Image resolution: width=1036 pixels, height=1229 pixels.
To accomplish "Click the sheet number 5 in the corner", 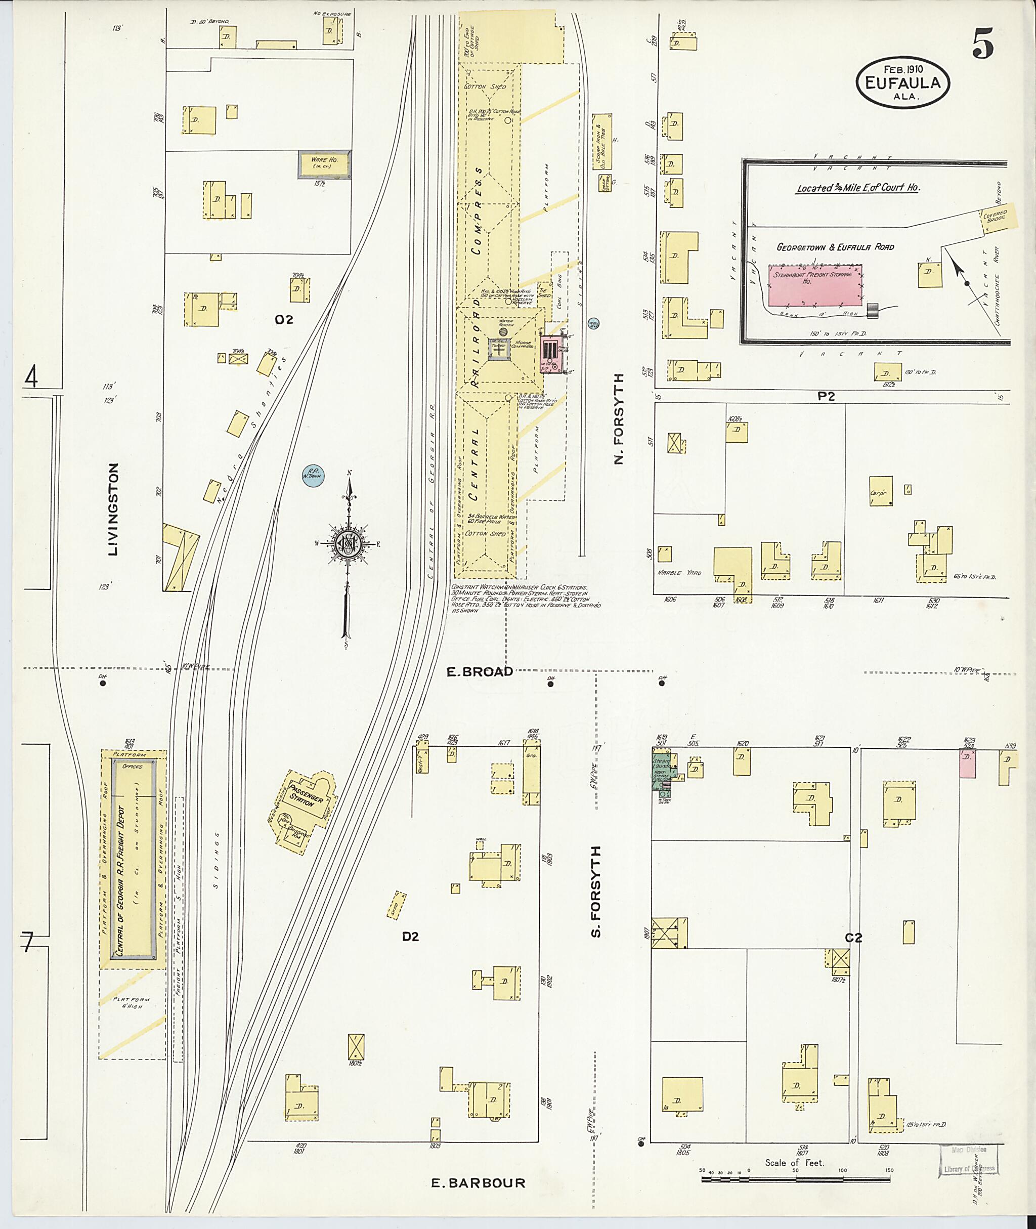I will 983,44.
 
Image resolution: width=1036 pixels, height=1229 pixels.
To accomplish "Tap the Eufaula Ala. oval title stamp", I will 902,83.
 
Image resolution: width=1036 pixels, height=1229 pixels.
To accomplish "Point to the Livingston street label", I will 113,509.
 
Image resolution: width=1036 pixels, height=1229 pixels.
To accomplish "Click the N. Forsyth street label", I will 619,418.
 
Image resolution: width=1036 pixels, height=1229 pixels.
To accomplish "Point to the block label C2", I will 853,938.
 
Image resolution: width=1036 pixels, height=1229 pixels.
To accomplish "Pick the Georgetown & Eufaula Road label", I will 835,247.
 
